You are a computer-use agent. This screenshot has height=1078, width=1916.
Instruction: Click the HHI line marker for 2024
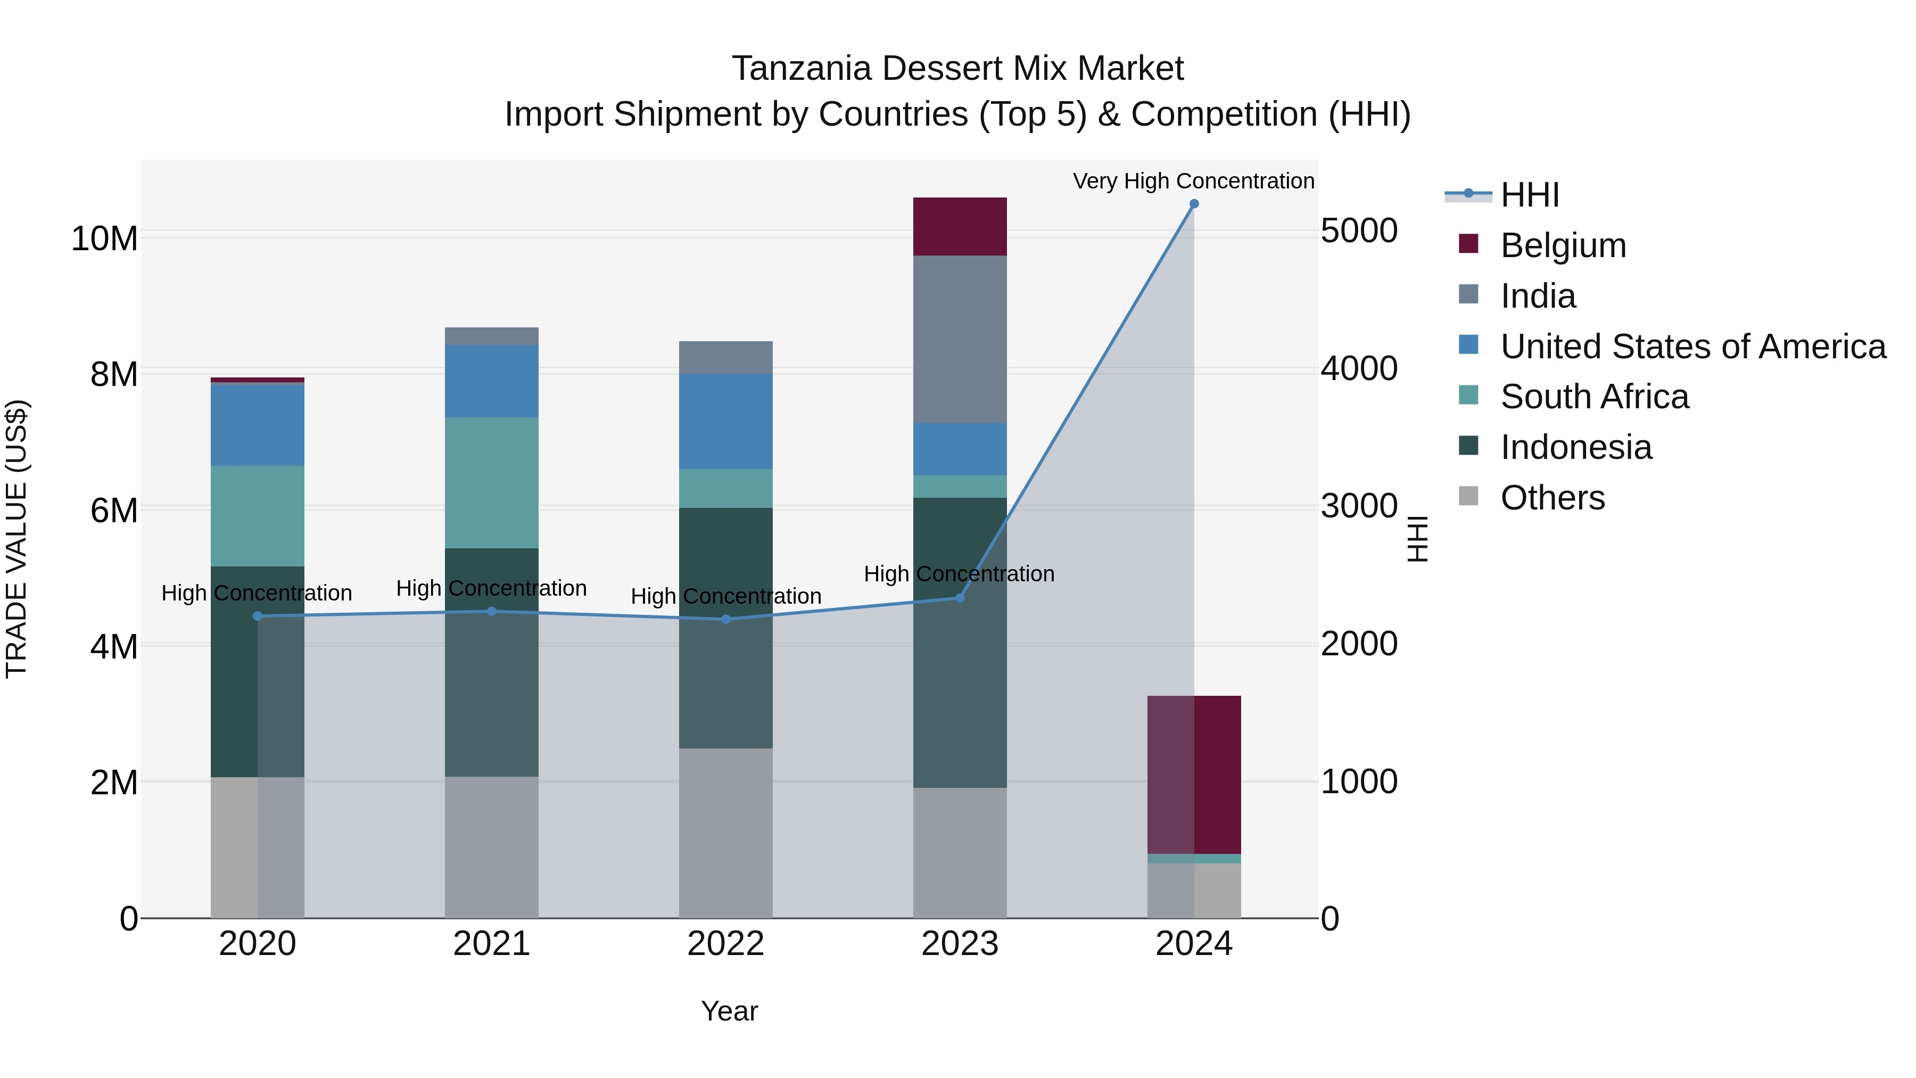click(x=1194, y=203)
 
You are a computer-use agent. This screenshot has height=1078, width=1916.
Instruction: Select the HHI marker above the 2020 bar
click(x=258, y=616)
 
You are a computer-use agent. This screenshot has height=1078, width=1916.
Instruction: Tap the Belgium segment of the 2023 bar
click(x=960, y=226)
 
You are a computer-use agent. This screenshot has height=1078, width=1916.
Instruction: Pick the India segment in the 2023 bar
click(x=960, y=339)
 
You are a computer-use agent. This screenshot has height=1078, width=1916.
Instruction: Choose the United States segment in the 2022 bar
click(x=725, y=421)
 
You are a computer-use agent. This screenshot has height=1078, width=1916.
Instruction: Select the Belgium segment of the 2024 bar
click(x=1194, y=773)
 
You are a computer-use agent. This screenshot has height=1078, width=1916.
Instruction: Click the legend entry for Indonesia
click(x=1575, y=447)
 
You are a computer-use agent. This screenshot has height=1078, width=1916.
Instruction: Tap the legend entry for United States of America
click(x=1692, y=347)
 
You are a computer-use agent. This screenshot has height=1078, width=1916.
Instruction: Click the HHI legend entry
click(x=1529, y=195)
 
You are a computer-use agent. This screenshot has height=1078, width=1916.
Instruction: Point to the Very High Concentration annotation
click(x=1193, y=181)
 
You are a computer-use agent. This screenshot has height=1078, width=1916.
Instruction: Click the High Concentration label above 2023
click(x=959, y=573)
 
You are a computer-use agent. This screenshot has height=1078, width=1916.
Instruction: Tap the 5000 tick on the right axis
click(x=1359, y=231)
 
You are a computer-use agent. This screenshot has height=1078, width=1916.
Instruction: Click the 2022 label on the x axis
click(x=725, y=944)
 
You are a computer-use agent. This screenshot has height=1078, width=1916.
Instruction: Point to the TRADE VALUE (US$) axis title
click(x=16, y=539)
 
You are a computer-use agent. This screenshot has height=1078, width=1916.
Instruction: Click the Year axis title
click(x=729, y=1011)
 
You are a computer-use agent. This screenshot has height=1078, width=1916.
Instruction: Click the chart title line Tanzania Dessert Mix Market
click(x=957, y=69)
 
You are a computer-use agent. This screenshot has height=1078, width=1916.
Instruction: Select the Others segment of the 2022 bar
click(x=725, y=833)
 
